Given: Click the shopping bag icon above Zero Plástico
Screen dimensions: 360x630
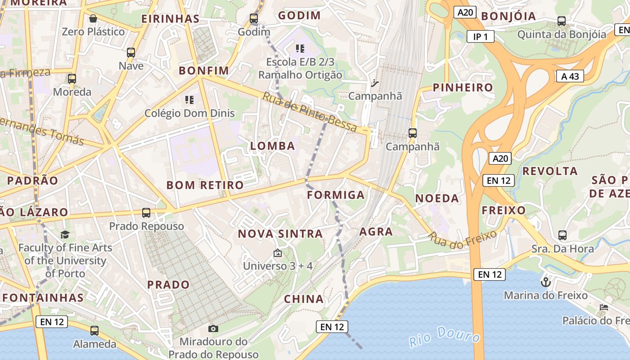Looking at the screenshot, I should tap(93, 18).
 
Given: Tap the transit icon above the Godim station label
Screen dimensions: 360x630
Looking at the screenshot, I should tap(254, 18).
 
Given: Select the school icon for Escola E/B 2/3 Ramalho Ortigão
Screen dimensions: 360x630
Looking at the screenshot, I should tap(300, 48).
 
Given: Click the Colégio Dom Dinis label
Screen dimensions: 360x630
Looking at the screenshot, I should tap(189, 113).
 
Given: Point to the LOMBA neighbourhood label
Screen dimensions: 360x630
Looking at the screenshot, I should tap(273, 146).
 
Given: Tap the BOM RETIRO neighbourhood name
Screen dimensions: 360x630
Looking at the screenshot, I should tap(205, 185).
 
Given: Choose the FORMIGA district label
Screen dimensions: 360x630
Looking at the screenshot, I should tap(336, 195).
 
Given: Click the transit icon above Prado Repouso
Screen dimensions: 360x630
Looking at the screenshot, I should tap(146, 212).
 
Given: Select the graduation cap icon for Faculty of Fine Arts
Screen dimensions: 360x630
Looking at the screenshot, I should tap(65, 234).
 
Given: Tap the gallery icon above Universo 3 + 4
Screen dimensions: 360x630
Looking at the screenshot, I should tap(278, 253).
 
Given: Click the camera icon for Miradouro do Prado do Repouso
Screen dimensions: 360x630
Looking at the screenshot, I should tap(214, 329).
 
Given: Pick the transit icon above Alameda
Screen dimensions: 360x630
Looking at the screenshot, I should tap(94, 331).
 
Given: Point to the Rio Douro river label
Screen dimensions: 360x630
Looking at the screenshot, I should tap(445, 337).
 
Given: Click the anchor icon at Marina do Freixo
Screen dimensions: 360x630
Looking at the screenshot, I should tap(545, 282).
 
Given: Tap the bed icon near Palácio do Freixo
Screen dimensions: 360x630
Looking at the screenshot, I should tap(604, 307).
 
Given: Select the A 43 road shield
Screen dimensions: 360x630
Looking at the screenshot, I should tap(570, 76).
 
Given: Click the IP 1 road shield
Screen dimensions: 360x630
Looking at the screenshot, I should tap(480, 36).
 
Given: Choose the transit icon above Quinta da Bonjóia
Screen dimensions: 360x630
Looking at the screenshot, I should tap(562, 21).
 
